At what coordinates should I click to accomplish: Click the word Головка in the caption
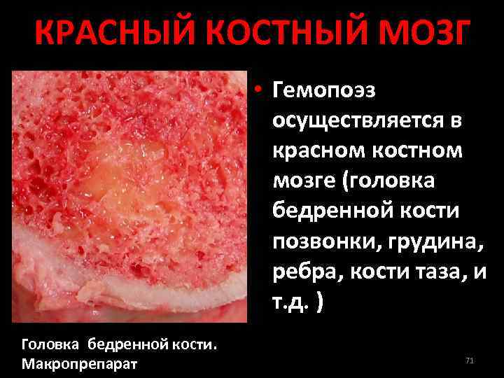pos(48,344)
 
